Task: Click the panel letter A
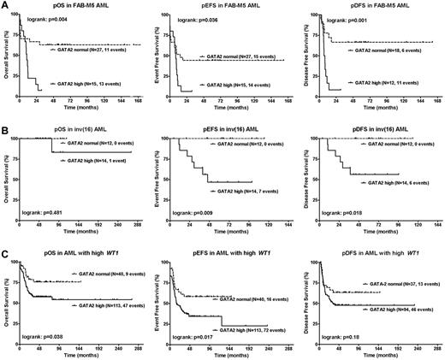tap(5, 5)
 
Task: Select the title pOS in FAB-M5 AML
tap(80, 6)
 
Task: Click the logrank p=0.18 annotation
tap(342, 328)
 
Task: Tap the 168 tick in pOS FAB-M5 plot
tap(141, 102)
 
